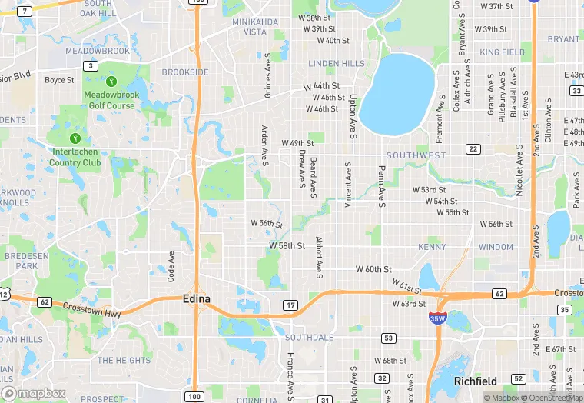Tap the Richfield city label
click(x=476, y=381)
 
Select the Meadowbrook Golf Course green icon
click(x=111, y=82)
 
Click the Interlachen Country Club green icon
click(x=75, y=138)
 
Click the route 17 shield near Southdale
click(x=290, y=306)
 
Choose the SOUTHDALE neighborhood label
click(x=309, y=338)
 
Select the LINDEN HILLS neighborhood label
click(x=337, y=63)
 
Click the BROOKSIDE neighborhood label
click(x=184, y=72)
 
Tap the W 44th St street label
click(x=321, y=87)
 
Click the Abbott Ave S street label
click(x=317, y=257)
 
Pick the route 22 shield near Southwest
click(x=473, y=149)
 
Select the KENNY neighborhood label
click(x=432, y=248)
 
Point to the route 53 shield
click(x=390, y=338)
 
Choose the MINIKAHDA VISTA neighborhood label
click(x=254, y=27)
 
